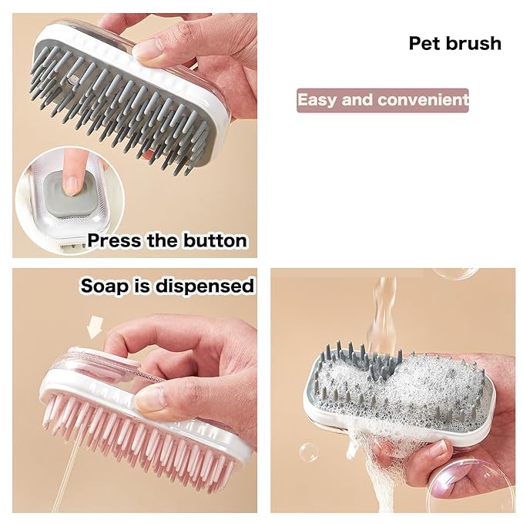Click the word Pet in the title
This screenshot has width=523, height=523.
tap(424, 43)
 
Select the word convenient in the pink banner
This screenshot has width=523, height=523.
tap(424, 100)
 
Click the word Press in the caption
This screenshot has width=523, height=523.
tap(115, 240)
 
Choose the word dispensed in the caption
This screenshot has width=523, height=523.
tap(204, 287)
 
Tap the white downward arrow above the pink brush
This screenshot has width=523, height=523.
tap(95, 327)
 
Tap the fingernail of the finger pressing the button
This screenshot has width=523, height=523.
tap(71, 186)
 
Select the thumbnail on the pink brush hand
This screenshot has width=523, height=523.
tap(151, 399)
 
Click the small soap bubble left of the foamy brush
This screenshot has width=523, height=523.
tap(308, 453)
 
